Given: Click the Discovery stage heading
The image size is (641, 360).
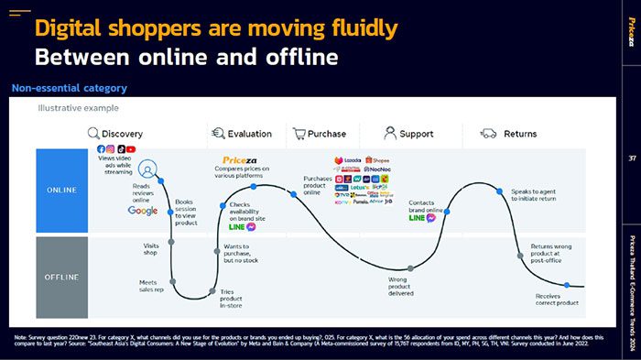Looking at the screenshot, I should [x=122, y=134].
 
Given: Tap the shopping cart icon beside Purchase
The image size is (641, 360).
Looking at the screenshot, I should [x=299, y=134].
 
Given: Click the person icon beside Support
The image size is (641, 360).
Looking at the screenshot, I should [x=390, y=134].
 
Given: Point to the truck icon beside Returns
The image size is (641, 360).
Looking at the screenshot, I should [x=488, y=134].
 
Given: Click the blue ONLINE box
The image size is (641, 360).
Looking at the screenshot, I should [x=62, y=190].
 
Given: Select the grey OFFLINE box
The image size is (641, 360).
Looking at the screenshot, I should [x=62, y=251].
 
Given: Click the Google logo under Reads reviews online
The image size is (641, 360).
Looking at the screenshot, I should [x=143, y=211].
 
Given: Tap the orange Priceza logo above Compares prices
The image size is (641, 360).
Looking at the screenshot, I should [x=241, y=159].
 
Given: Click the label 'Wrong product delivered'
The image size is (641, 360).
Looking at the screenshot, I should [x=398, y=261].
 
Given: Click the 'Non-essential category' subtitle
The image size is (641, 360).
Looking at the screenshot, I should [x=69, y=88].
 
